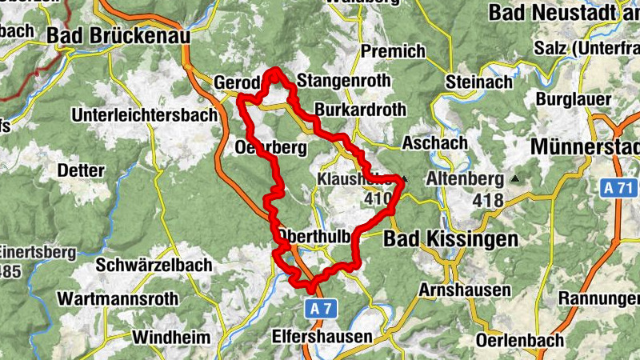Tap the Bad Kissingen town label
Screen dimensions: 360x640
point(450,239)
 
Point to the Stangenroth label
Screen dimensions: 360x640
point(343,81)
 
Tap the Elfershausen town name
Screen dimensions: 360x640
point(322,336)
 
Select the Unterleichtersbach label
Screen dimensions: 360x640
point(144,115)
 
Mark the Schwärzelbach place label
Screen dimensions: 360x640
point(154,265)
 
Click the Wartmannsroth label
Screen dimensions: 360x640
point(118,299)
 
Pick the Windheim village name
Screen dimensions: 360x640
point(170,337)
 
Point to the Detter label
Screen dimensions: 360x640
point(81,170)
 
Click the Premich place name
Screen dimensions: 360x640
point(393,51)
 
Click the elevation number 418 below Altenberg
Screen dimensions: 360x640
point(488,200)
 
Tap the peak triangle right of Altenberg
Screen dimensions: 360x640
point(515,178)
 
